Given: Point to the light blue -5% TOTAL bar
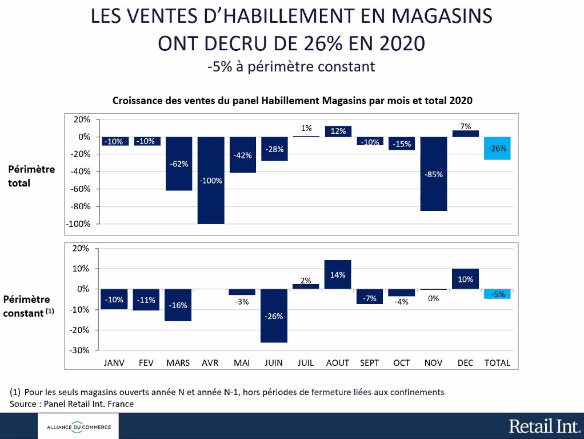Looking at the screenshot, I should [x=497, y=294].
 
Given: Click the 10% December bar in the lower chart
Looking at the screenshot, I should [x=465, y=279].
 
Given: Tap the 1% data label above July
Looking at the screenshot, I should [x=306, y=128].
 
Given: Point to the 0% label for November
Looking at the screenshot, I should [x=434, y=298].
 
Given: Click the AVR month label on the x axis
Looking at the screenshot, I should [x=210, y=363].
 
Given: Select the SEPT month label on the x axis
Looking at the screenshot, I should [x=370, y=363].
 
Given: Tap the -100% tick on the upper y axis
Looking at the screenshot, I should [x=79, y=224].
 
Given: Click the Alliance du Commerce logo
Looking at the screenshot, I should [x=75, y=426].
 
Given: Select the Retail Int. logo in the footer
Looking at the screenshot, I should [x=544, y=426].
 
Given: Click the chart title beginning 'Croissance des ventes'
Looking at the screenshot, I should [x=292, y=100].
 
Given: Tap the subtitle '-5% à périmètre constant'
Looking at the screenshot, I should [x=291, y=67].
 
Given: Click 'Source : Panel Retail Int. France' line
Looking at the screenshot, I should [x=71, y=404].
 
